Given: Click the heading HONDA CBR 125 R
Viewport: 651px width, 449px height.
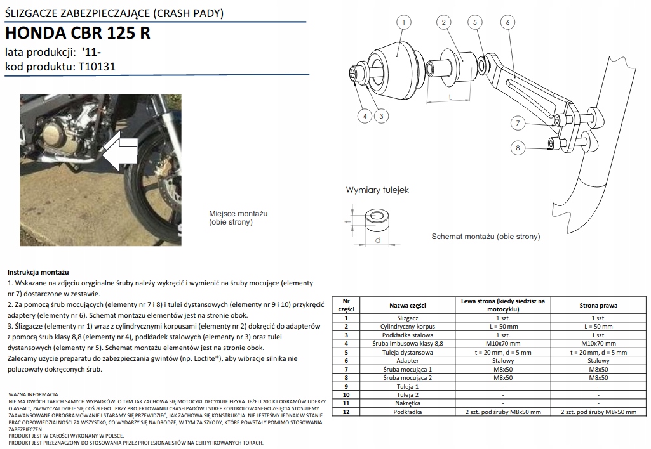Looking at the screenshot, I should pos(77,33).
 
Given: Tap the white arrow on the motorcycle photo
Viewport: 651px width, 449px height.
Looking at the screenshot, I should pos(120,152).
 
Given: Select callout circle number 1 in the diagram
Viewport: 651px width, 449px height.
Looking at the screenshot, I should pos(402,22).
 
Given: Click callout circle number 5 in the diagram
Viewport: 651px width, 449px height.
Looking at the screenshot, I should pos(474,22).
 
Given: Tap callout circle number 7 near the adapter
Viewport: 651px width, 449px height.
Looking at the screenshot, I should pos(518,123).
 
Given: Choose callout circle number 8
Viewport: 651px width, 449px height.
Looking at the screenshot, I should pos(518,148).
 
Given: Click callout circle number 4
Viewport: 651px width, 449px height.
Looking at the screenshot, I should pos(365,116).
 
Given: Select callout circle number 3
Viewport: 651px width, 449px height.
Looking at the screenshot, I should pos(381,116).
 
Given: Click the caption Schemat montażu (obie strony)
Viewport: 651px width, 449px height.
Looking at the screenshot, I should pos(486,237).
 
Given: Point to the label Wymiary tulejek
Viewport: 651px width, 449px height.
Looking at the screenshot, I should pos(377,190).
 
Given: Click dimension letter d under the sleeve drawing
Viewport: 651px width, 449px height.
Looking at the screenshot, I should pos(377,241).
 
